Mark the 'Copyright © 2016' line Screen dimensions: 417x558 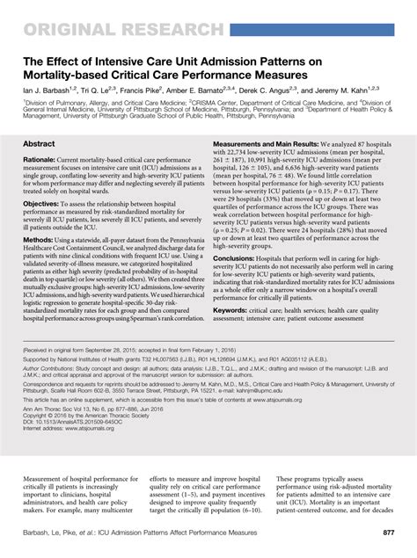(x=84, y=443)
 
